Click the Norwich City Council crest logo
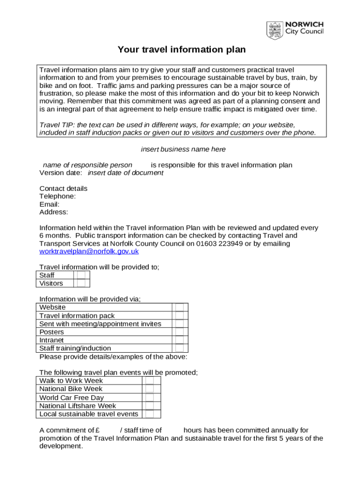coord(274,31)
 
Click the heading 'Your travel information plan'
coord(181,50)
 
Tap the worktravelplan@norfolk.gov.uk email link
coord(89,251)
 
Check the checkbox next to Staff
coord(81,275)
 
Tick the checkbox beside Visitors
coord(81,283)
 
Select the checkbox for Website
coord(180,307)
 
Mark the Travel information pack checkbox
coord(180,316)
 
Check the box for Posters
coord(180,332)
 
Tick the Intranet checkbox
coord(180,340)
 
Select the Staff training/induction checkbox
coord(180,348)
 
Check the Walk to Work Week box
coord(149,381)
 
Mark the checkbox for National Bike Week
coord(149,389)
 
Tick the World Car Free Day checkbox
coord(149,398)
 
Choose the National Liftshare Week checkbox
coord(149,406)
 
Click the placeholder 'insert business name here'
coord(183,149)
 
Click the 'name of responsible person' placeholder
coord(87,165)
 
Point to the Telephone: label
coord(58,196)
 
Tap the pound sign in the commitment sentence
coord(97,430)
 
